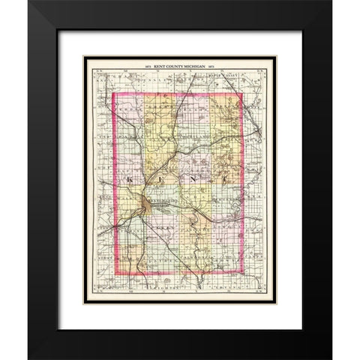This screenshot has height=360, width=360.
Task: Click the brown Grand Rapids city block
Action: coord(143,205)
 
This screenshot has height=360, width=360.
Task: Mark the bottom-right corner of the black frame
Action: coord(331,358)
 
